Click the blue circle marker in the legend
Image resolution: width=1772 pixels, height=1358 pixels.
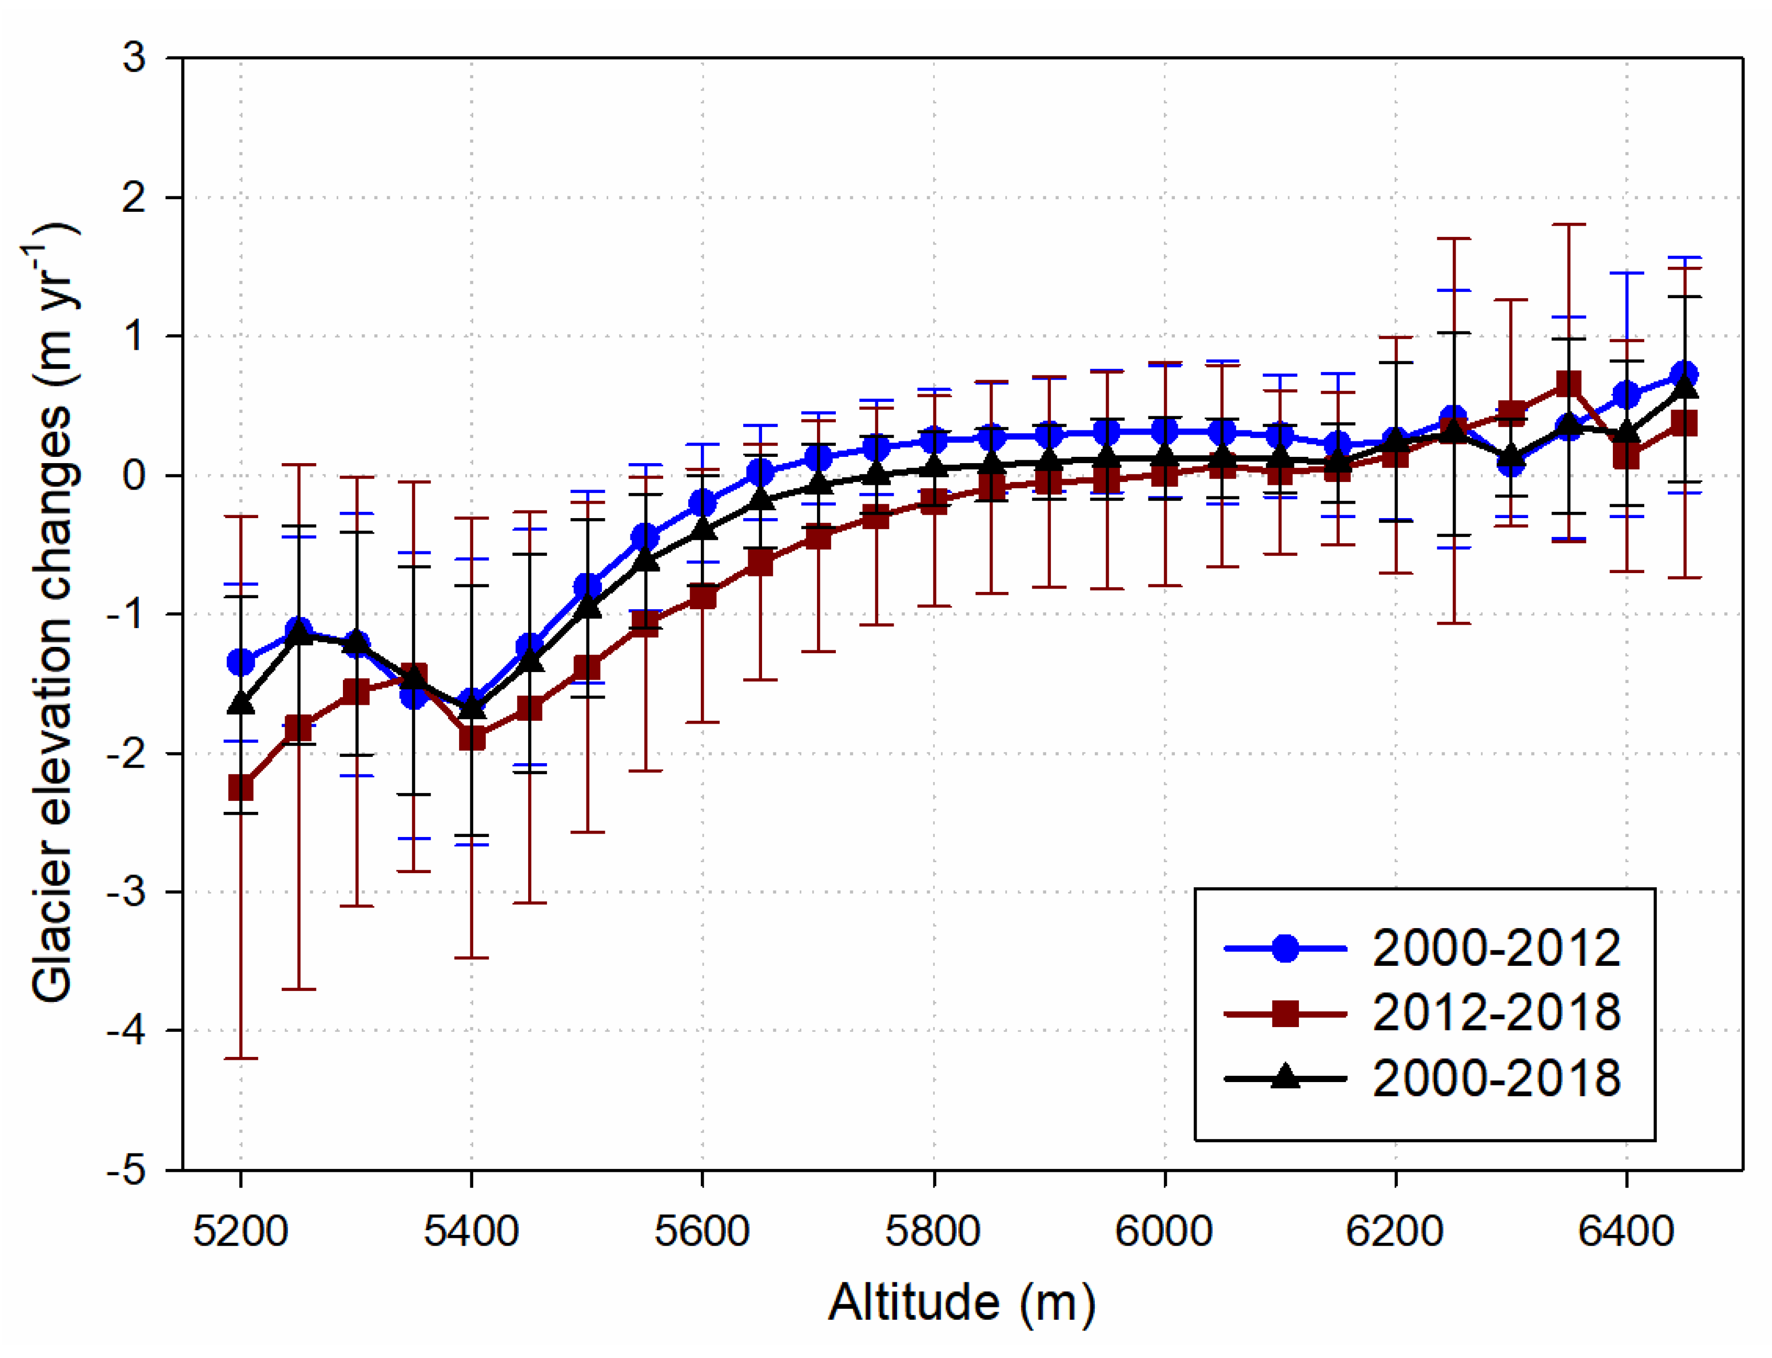pyautogui.click(x=1285, y=948)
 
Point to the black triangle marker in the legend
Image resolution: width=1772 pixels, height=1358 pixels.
pyautogui.click(x=1285, y=1078)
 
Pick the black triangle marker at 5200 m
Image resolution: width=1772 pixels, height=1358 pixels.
pyautogui.click(x=240, y=703)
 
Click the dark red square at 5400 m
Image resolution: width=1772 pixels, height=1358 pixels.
pyautogui.click(x=472, y=738)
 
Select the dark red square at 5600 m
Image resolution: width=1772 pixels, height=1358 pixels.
pyautogui.click(x=702, y=597)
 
